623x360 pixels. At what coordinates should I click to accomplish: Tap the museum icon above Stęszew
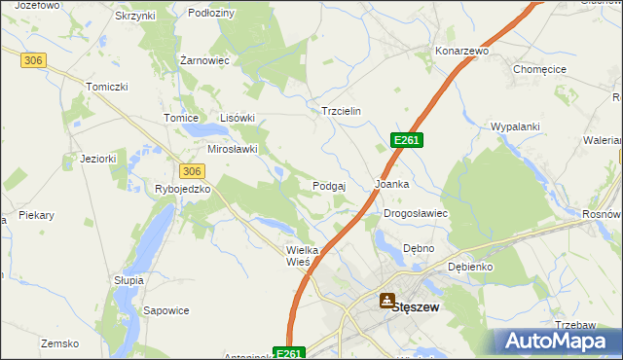pos(387,301)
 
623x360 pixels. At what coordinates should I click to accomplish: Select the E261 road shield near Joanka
pos(407,141)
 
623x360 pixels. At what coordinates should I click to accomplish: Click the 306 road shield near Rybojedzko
pos(192,171)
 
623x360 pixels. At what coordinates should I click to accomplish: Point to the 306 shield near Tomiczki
pos(33,60)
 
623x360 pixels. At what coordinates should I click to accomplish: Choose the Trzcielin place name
pos(341,111)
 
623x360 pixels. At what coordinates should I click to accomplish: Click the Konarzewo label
pos(461,50)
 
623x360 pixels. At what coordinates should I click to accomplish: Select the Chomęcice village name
pos(538,69)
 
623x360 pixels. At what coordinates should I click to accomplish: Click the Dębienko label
pos(470,266)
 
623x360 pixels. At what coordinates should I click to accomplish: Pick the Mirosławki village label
pos(232,149)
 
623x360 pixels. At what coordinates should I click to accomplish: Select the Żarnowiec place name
pos(204,60)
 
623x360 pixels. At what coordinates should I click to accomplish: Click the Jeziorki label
pos(98,159)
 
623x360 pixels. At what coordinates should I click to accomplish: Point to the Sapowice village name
pos(165,310)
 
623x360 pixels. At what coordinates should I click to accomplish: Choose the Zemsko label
pos(58,342)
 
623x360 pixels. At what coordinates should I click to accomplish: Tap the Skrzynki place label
pos(135,17)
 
